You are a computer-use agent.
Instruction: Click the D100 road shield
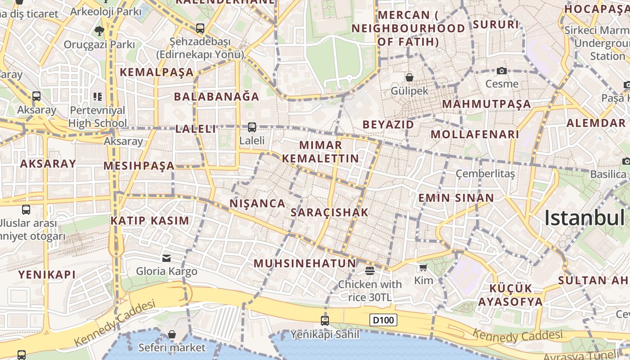coord(384,320)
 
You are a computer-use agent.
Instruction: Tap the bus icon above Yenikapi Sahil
coord(324,320)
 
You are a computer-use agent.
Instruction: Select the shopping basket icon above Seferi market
coord(171,334)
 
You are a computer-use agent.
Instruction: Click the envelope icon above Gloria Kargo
coord(166,258)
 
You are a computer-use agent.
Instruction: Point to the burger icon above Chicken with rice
coord(369,270)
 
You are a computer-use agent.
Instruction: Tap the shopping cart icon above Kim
coord(423,268)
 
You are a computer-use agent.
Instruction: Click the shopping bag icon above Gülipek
coord(409,77)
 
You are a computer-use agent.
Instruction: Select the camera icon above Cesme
coord(502,71)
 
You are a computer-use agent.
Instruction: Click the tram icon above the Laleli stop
coord(252,127)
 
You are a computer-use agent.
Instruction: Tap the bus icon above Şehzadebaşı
coord(200,28)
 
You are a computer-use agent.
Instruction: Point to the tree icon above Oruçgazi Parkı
coord(99,31)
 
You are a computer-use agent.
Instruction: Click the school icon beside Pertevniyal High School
coord(98,96)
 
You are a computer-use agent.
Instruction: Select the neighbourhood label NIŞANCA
coord(257,203)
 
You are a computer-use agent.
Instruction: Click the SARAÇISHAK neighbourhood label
coord(329,212)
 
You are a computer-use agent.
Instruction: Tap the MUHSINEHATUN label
coord(305,263)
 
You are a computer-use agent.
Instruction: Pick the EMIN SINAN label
coord(456,198)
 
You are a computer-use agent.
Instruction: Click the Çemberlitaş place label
coord(485,174)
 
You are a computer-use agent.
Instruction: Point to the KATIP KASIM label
coord(150,220)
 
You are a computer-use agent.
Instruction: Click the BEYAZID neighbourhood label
coord(388,124)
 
